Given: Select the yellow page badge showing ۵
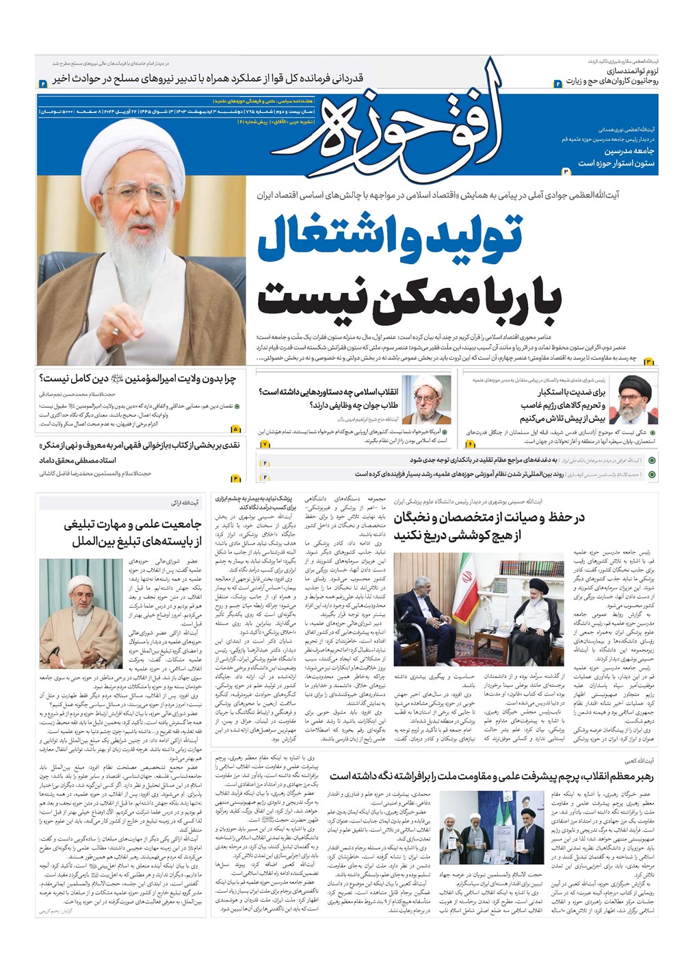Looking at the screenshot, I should coord(236,429).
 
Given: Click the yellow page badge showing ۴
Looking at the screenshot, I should coord(236,478).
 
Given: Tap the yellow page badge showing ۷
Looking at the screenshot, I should coord(265,444).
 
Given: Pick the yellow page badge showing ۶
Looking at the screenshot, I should coord(471,444).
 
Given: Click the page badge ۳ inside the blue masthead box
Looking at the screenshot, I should coord(566,170).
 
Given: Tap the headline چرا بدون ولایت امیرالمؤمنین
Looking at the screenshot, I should coord(137,378).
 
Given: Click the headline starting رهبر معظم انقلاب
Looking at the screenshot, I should coord(492,776).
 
